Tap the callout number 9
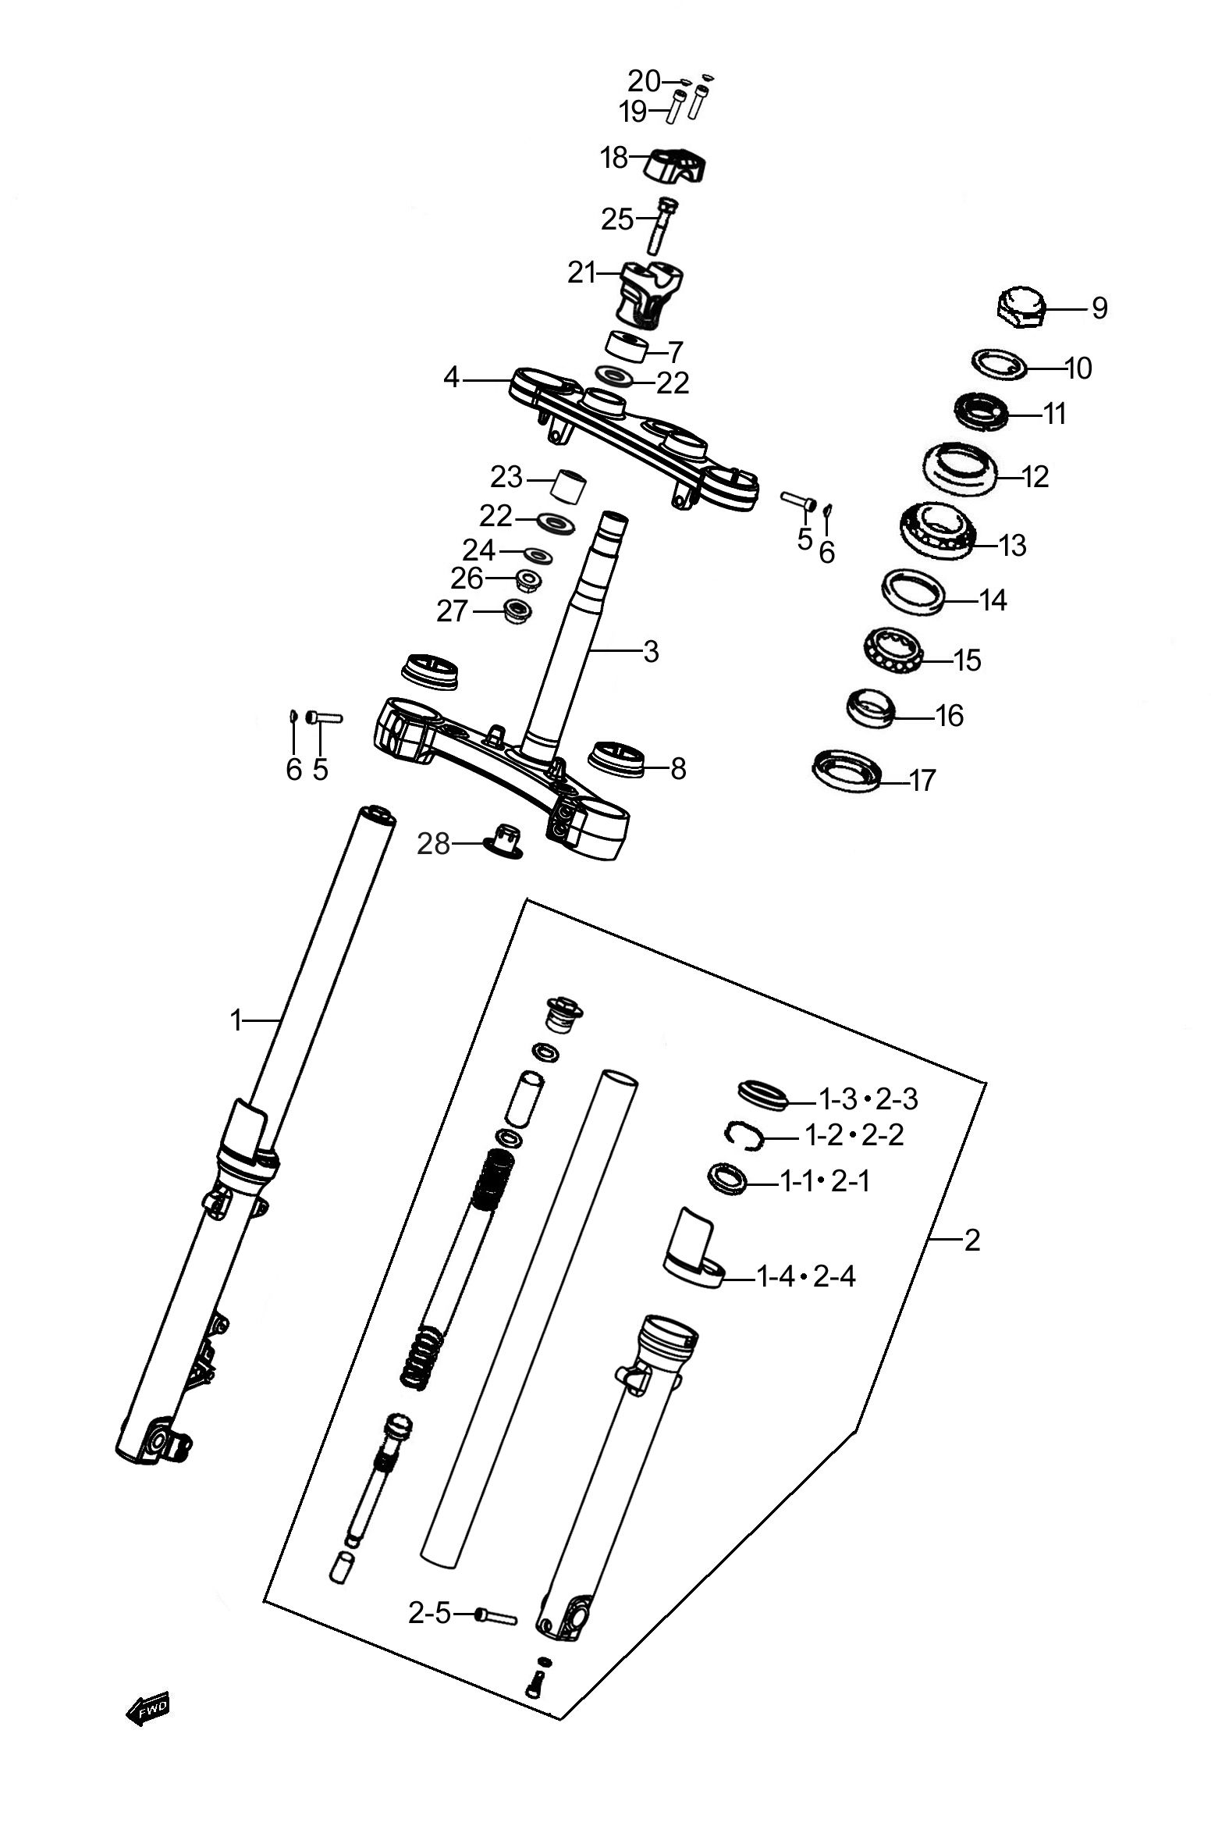[x=1099, y=308]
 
